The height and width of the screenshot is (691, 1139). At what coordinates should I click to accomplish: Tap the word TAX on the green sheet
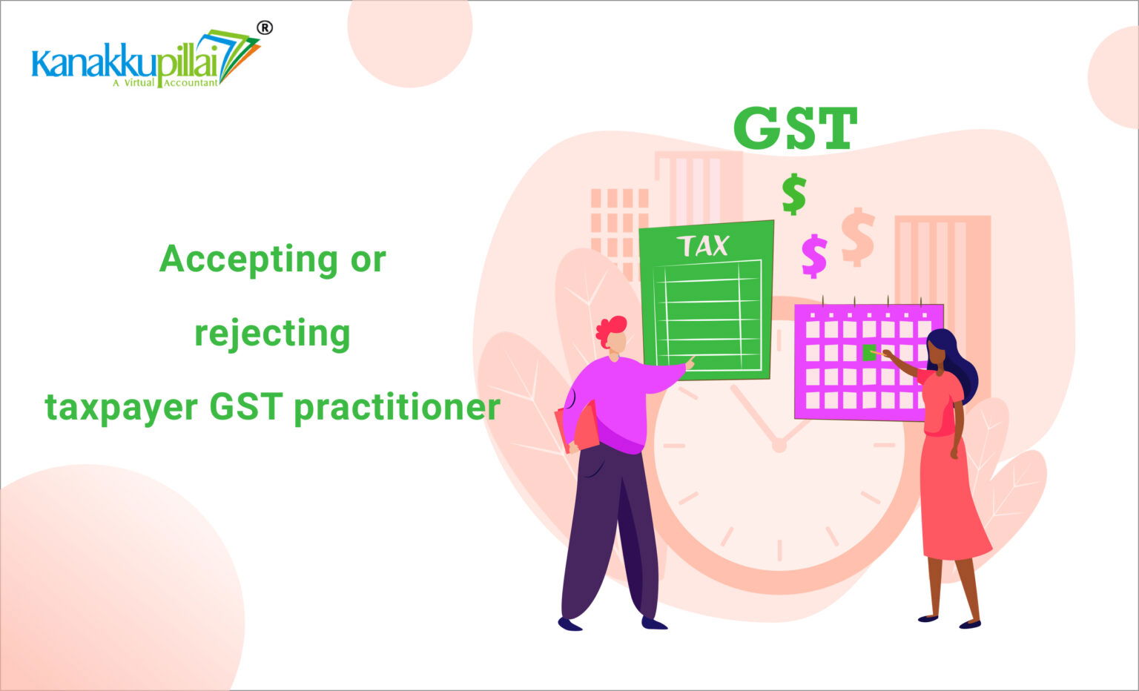(704, 246)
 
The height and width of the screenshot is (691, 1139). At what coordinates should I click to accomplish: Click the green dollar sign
(793, 194)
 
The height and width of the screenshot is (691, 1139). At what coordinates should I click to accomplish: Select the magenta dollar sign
(814, 256)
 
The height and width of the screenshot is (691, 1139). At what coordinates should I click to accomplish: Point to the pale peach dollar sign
(858, 237)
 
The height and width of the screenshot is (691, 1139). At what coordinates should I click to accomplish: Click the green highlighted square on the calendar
(868, 352)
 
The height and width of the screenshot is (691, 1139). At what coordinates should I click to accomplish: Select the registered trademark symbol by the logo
(265, 28)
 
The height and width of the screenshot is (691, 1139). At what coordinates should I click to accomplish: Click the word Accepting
(248, 260)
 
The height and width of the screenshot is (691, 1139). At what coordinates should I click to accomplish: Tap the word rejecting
(273, 334)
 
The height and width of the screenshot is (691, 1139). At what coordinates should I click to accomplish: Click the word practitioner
(397, 408)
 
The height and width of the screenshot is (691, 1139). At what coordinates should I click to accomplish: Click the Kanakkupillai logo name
(125, 63)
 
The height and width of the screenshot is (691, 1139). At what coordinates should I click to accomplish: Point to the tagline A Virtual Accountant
(165, 82)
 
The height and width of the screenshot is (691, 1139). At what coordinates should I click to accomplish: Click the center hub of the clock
(779, 446)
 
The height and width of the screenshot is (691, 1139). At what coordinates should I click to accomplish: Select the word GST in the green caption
(246, 407)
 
